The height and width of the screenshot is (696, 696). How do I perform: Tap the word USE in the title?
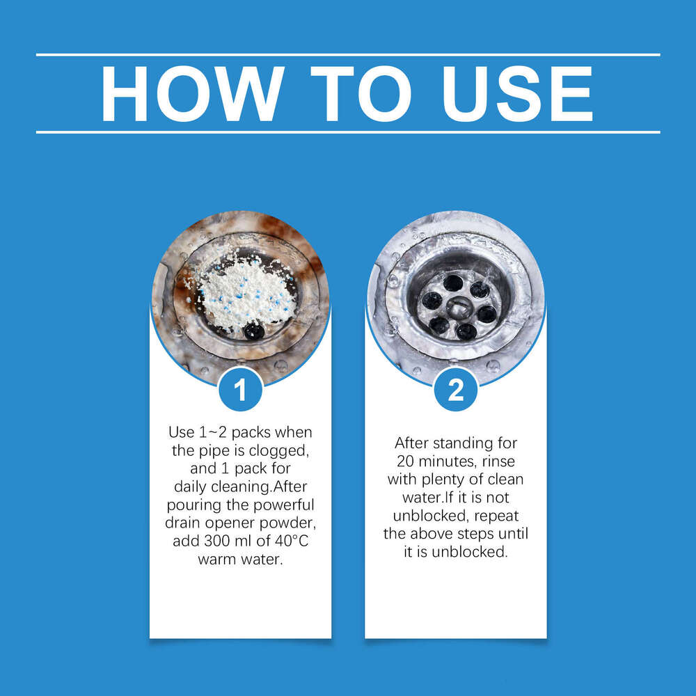click(518, 94)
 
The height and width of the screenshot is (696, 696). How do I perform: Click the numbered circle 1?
click(240, 390)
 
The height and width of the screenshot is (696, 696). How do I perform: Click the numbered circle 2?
click(456, 390)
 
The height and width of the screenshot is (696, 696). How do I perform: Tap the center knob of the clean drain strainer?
click(459, 307)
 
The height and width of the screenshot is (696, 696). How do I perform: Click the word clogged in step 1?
click(278, 451)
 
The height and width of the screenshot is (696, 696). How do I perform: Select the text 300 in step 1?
click(216, 541)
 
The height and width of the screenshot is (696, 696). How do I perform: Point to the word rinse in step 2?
click(499, 461)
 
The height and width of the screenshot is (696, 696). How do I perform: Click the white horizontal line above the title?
click(348, 55)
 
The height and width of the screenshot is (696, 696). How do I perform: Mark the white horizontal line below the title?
click(348, 132)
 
